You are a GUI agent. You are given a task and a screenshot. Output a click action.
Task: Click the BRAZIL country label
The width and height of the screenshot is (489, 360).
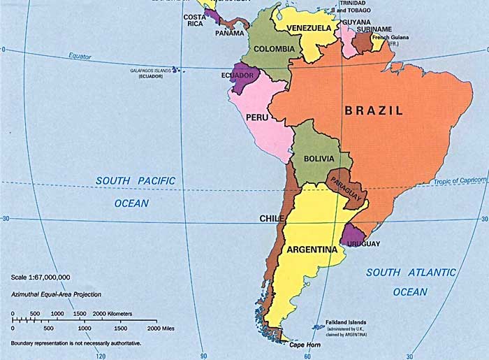pos(374,110)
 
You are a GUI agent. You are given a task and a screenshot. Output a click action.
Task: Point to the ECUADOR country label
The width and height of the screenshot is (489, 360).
pos(238,75)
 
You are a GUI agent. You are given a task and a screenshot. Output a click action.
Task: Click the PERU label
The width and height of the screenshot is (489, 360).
pos(257,117)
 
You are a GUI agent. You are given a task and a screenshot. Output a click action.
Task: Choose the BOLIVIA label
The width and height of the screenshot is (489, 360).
pos(319,159)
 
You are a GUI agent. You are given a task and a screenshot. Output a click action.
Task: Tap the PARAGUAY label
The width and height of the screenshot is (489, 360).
pos(346,190)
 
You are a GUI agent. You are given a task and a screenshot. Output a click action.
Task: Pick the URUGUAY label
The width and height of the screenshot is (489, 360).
pos(364,243)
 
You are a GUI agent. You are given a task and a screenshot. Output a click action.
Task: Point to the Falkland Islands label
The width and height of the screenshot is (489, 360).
pos(341,322)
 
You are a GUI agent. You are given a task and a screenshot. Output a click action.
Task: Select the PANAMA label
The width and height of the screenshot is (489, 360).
pos(229,33)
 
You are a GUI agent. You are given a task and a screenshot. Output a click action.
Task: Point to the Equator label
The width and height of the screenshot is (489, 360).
pos(80,56)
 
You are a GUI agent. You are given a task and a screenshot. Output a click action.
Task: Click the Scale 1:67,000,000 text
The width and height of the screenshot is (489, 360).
pos(41,278)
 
